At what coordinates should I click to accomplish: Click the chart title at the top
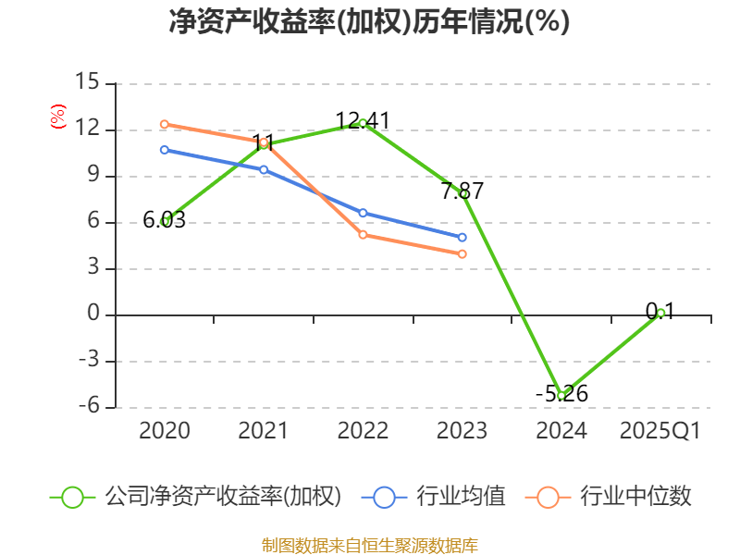pyautogui.click(x=369, y=22)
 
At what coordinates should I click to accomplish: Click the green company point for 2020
pyautogui.click(x=165, y=221)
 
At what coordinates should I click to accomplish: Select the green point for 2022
pyautogui.click(x=363, y=122)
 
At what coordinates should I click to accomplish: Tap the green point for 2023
pyautogui.click(x=462, y=193)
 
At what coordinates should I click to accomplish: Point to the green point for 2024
pyautogui.click(x=561, y=395)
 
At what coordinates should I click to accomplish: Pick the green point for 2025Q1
pyautogui.click(x=660, y=313)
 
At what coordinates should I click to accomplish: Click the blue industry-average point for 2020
pyautogui.click(x=165, y=149)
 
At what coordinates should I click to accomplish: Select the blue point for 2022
pyautogui.click(x=363, y=213)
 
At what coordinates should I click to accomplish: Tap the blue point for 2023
pyautogui.click(x=462, y=238)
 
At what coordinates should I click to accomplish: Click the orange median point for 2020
pyautogui.click(x=165, y=124)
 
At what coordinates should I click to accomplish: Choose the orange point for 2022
pyautogui.click(x=363, y=235)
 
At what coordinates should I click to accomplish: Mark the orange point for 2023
pyautogui.click(x=462, y=253)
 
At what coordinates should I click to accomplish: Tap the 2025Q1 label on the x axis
pyautogui.click(x=660, y=431)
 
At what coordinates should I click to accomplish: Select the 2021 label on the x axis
pyautogui.click(x=264, y=431)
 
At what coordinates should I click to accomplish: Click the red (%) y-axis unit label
pyautogui.click(x=57, y=117)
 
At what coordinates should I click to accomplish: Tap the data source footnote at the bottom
pyautogui.click(x=369, y=545)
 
